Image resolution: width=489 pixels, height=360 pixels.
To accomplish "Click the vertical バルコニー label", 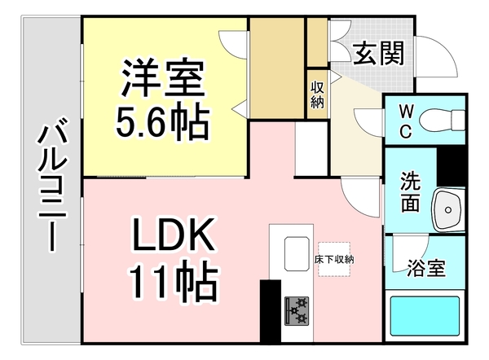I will pyautogui.click(x=51, y=184).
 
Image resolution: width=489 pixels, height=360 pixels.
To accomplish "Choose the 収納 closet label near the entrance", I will pyautogui.click(x=317, y=93).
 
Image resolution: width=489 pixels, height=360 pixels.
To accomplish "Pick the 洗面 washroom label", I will pyautogui.click(x=410, y=191).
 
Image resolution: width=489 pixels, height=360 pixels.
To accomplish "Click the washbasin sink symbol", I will pyautogui.click(x=449, y=209).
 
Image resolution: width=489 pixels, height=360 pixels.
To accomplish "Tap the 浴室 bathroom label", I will pyautogui.click(x=425, y=267).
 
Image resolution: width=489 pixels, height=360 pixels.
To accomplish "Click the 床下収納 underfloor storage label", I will pyautogui.click(x=334, y=259).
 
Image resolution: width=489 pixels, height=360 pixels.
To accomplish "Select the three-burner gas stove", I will pyautogui.click(x=297, y=309).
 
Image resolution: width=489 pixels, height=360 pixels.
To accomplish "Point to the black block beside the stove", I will pyautogui.click(x=270, y=313).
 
